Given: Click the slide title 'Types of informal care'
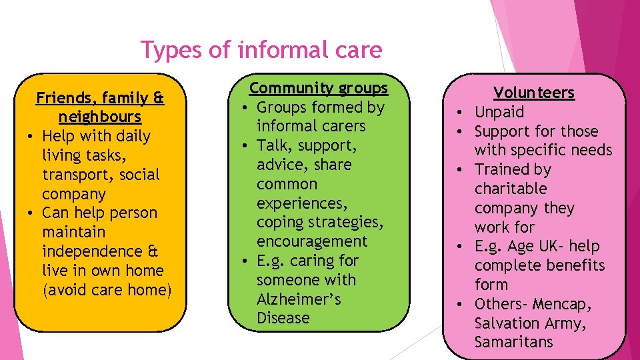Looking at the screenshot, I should (x=261, y=50).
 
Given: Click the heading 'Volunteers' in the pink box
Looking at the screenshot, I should (x=533, y=93).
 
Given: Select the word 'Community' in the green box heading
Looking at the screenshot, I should (x=291, y=88).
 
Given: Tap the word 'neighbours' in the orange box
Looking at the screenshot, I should (x=100, y=117).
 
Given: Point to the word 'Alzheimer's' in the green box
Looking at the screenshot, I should (x=299, y=299).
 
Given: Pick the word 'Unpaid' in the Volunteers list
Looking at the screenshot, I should (x=499, y=112).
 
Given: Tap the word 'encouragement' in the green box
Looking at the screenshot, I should (x=312, y=241).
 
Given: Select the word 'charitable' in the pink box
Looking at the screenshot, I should (x=511, y=189).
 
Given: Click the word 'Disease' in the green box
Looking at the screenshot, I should (x=283, y=318).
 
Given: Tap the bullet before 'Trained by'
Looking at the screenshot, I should (x=461, y=170).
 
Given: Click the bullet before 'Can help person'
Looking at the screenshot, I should (x=30, y=213).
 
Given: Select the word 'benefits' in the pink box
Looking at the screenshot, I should (x=573, y=265).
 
